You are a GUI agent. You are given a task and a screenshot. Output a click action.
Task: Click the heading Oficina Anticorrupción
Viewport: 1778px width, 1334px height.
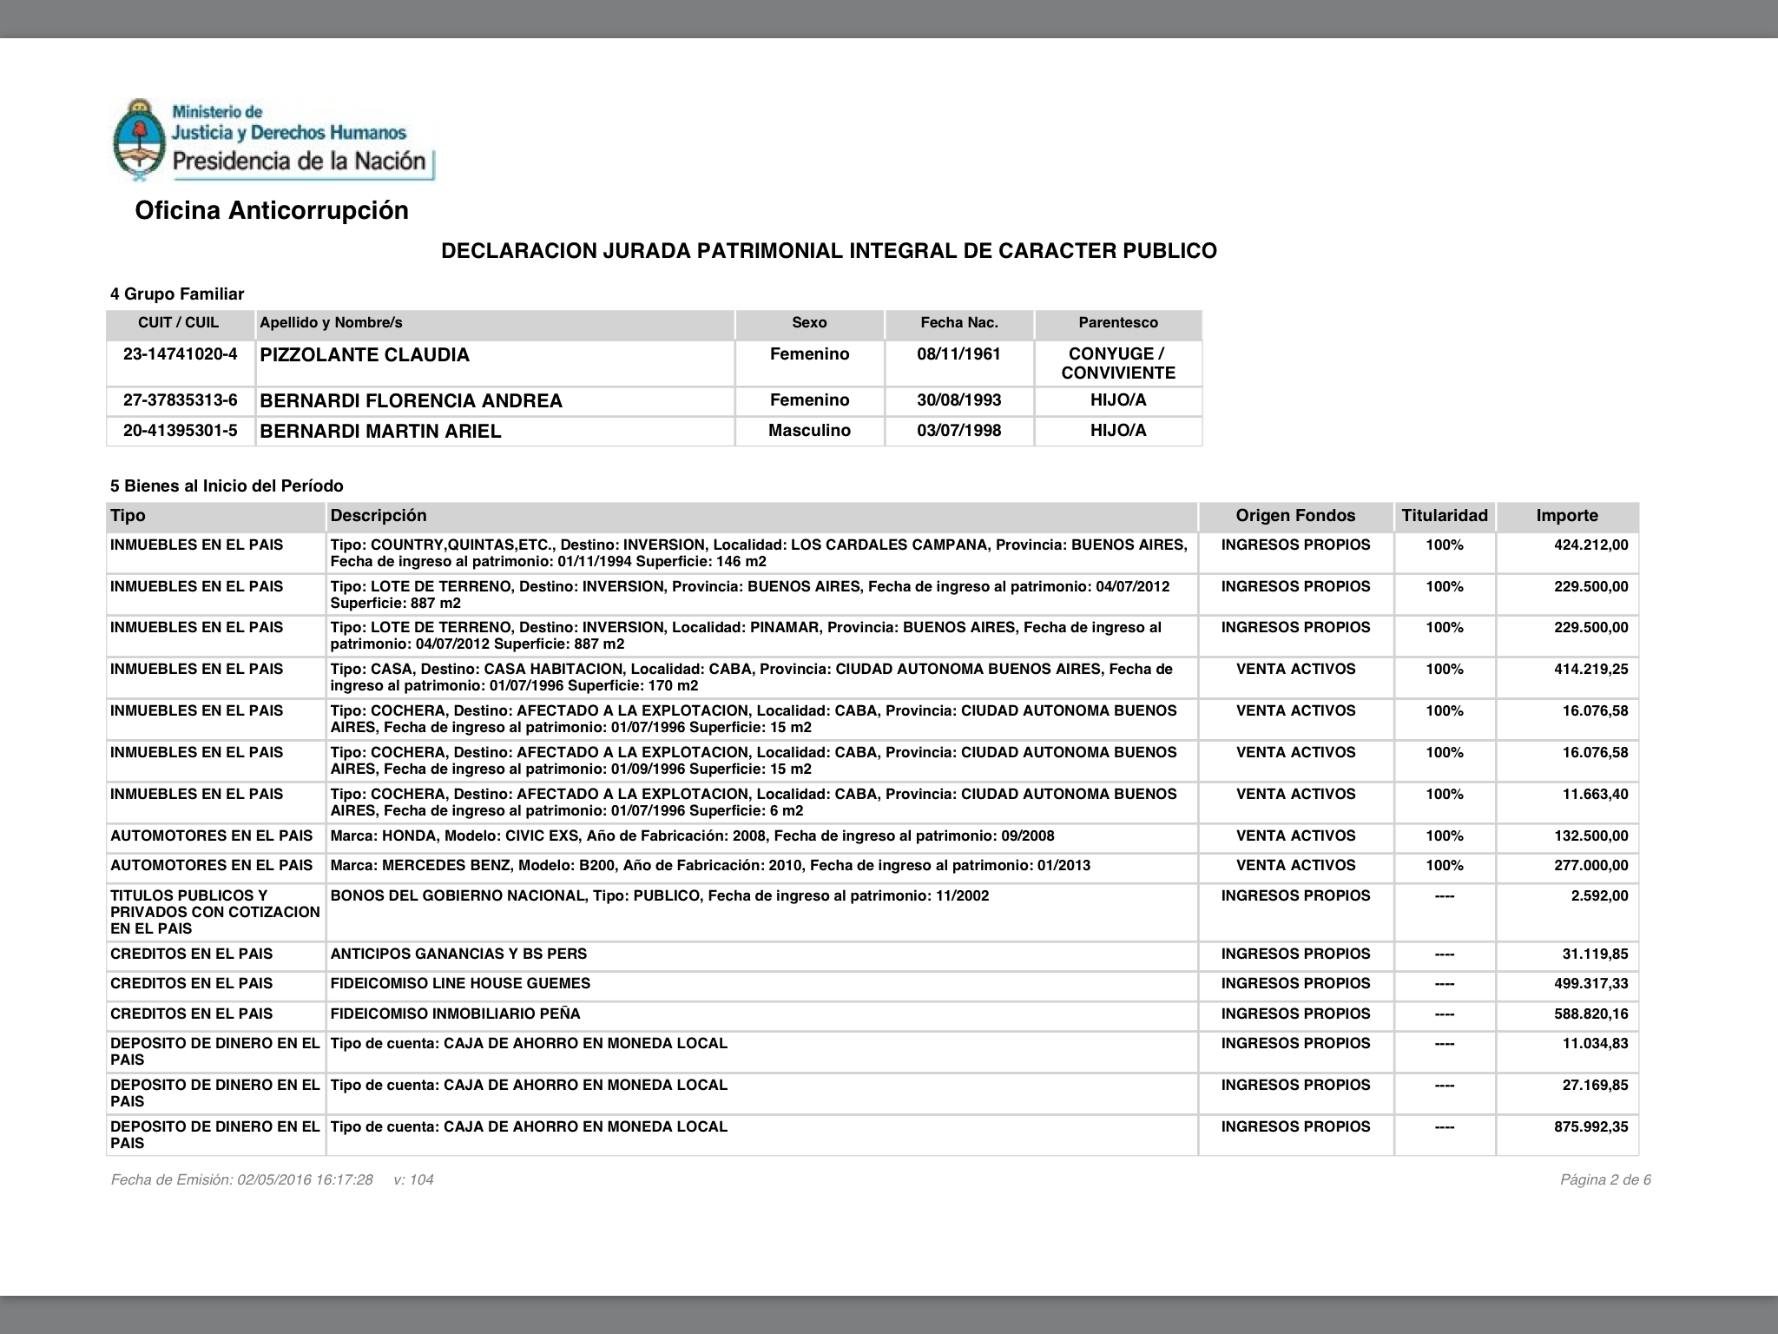tap(272, 211)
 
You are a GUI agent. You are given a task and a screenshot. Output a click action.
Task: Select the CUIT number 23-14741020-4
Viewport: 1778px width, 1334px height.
tap(181, 354)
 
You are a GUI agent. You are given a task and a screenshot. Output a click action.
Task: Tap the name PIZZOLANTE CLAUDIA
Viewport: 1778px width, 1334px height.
tap(365, 355)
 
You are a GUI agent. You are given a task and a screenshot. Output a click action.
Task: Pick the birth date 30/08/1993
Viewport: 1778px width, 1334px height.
tap(958, 400)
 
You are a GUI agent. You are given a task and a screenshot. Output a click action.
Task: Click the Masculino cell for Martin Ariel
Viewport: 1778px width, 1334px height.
tap(809, 431)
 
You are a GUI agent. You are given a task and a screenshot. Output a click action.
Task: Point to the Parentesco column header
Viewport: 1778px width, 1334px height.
tap(1117, 323)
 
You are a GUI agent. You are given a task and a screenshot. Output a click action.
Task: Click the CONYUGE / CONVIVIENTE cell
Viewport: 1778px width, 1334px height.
tap(1117, 363)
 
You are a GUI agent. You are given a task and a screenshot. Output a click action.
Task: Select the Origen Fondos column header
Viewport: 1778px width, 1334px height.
tap(1295, 516)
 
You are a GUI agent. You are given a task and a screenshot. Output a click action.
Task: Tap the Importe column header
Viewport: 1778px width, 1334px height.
tap(1566, 516)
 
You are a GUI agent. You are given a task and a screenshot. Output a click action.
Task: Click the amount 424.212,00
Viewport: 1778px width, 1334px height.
tap(1590, 545)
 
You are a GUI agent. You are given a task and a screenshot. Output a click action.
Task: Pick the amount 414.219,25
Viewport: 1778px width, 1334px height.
tap(1590, 670)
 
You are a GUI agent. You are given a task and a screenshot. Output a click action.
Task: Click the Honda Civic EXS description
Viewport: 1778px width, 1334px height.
tap(692, 836)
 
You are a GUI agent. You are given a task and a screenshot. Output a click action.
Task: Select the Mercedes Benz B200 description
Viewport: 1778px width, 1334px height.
tap(710, 866)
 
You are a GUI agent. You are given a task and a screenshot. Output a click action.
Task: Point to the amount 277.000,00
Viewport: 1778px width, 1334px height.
tap(1590, 866)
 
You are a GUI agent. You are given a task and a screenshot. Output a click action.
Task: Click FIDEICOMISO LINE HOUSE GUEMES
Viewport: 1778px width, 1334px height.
tap(460, 984)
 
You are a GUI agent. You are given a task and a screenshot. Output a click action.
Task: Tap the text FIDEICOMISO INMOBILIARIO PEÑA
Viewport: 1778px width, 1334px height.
tap(455, 1014)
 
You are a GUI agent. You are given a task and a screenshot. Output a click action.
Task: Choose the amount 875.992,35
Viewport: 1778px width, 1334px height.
tap(1590, 1127)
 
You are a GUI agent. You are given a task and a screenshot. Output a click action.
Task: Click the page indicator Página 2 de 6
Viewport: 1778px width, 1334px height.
tap(1605, 1180)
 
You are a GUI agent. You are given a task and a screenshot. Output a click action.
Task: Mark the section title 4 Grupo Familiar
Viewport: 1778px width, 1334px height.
tap(177, 294)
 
